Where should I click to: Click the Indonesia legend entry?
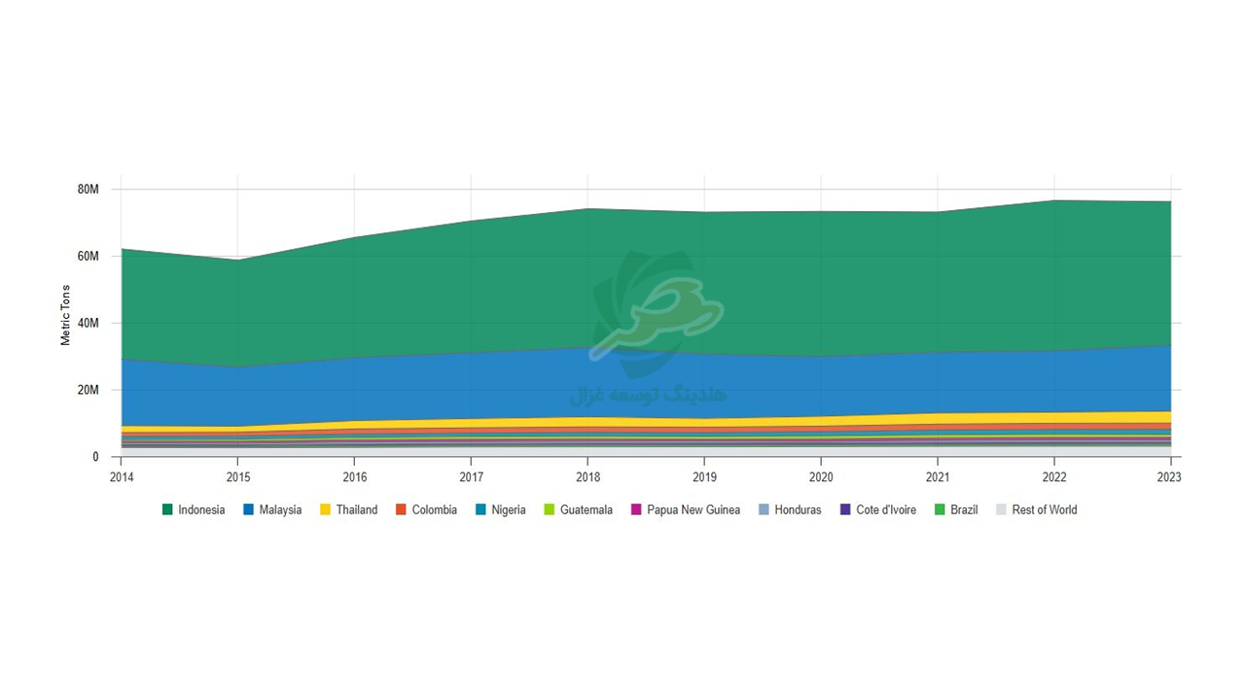(194, 509)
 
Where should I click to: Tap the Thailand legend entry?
(349, 509)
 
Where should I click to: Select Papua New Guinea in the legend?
(685, 509)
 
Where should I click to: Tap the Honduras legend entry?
(790, 509)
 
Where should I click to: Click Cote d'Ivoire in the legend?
(878, 509)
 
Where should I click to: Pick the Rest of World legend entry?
(1036, 509)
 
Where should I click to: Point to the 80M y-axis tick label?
(88, 189)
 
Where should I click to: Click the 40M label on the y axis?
(88, 323)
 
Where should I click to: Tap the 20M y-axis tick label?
(88, 390)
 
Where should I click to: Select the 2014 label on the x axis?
(122, 477)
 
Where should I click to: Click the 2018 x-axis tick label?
(587, 477)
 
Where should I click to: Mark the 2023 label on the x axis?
(1170, 477)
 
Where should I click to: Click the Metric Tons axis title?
(66, 315)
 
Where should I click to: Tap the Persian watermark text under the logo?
(648, 395)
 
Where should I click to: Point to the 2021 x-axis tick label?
(938, 477)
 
